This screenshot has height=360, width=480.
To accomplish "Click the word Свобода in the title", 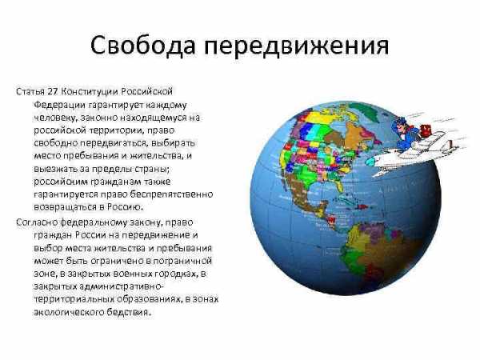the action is tap(142, 46).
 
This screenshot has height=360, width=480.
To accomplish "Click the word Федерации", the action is tap(59, 105).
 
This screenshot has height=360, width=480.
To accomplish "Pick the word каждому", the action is tap(166, 105).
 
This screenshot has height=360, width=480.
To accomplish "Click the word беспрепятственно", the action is tap(171, 194).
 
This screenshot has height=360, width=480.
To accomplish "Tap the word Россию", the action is tap(125, 207).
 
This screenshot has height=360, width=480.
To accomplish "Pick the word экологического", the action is tap(69, 313).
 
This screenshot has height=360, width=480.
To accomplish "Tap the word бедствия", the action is tap(129, 313).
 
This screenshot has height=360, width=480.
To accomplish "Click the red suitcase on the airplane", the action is tap(426, 130).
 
